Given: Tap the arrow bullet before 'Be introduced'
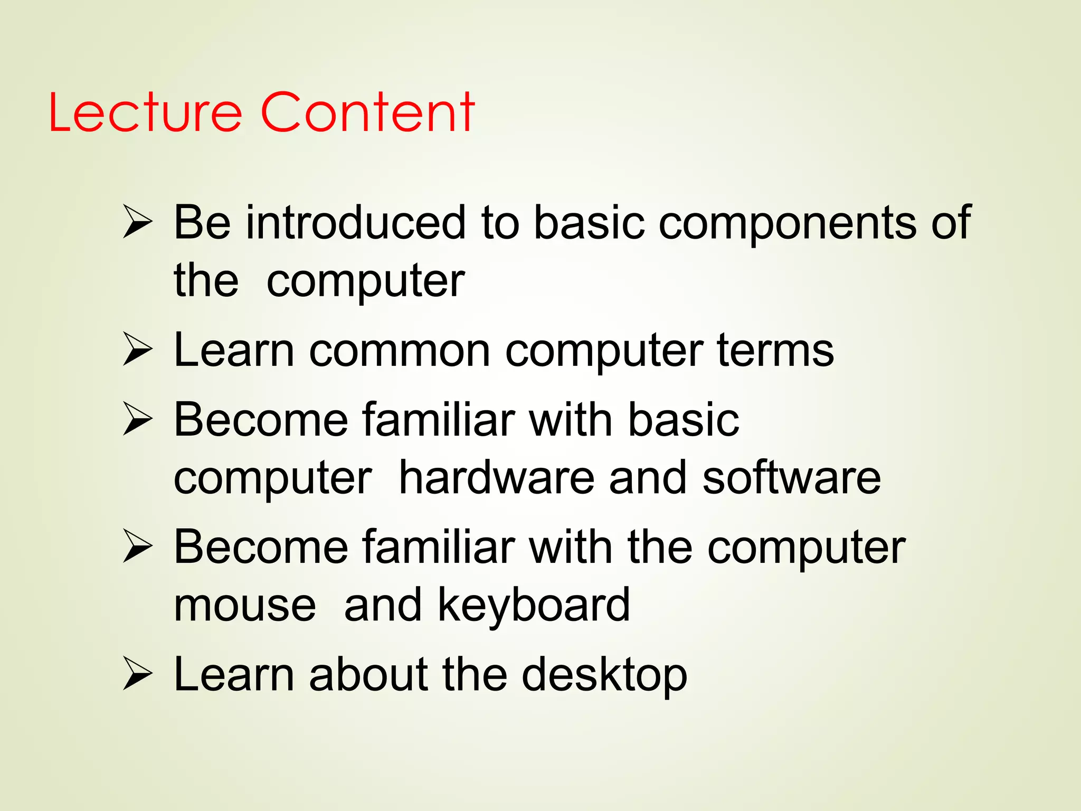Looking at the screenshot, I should [x=137, y=222].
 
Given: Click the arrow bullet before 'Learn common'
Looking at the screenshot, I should [x=137, y=350].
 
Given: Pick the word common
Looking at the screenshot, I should [x=400, y=351].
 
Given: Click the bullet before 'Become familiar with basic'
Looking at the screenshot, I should [x=137, y=420].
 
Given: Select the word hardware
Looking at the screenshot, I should [x=496, y=478].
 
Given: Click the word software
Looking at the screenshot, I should [x=791, y=478].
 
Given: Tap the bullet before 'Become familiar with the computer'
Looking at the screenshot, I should [x=137, y=547].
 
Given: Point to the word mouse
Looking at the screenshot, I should [x=245, y=606].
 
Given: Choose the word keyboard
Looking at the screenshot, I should [x=534, y=606].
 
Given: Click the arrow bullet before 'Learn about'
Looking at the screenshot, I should [x=137, y=674].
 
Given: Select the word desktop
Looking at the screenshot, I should [x=604, y=676].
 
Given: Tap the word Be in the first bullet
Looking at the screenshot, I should [x=202, y=222].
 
